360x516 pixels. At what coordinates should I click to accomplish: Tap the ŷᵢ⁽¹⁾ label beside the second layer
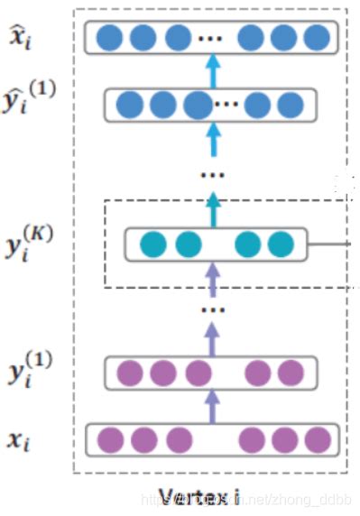pyautogui.click(x=26, y=102)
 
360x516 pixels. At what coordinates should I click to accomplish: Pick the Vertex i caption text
pyautogui.click(x=198, y=495)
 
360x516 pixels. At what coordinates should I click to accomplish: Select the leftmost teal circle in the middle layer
pyautogui.click(x=153, y=244)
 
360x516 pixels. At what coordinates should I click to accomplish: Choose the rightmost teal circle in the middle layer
pyautogui.click(x=281, y=244)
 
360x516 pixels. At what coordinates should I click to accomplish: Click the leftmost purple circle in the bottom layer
pyautogui.click(x=110, y=439)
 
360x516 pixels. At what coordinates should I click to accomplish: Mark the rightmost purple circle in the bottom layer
pyautogui.click(x=317, y=439)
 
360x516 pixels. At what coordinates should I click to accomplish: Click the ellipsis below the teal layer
pyautogui.click(x=213, y=309)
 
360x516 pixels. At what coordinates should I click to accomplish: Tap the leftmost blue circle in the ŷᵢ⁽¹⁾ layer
pyautogui.click(x=130, y=104)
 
